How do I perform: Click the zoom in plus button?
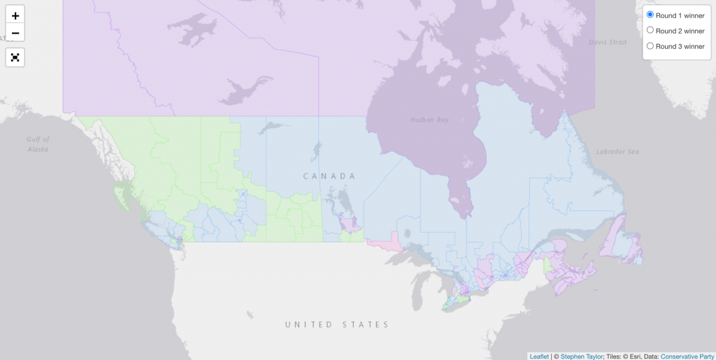pyautogui.click(x=15, y=15)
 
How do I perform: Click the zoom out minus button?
pyautogui.click(x=15, y=33)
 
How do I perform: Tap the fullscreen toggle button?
pyautogui.click(x=15, y=57)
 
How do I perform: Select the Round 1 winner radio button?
pyautogui.click(x=650, y=15)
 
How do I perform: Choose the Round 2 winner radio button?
pyautogui.click(x=650, y=30)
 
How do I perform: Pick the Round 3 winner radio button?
pyautogui.click(x=650, y=46)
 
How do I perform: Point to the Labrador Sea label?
pyautogui.click(x=617, y=152)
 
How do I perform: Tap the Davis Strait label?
pyautogui.click(x=608, y=42)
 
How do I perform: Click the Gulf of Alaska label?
pyautogui.click(x=38, y=144)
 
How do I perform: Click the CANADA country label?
pyautogui.click(x=329, y=176)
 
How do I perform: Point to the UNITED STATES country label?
pyautogui.click(x=336, y=324)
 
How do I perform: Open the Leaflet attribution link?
pyautogui.click(x=539, y=356)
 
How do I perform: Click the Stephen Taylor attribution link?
pyautogui.click(x=582, y=356)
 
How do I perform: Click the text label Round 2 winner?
pyautogui.click(x=680, y=31)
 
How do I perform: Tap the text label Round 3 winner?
pyautogui.click(x=680, y=46)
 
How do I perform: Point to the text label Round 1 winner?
pyautogui.click(x=680, y=15)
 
